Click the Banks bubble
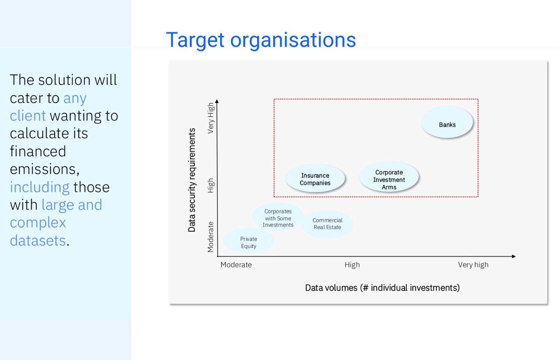pos(447,122)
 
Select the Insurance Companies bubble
pos(315,178)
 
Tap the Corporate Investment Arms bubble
pos(389,177)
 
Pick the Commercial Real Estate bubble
pos(327,224)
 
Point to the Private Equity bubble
pos(248,241)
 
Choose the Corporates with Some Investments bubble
pos(278,216)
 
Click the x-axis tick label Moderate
pos(236,265)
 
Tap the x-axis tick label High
pos(352,265)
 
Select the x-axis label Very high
pos(473,265)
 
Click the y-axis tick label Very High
pos(211,118)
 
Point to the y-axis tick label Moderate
pos(211,237)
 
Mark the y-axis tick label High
pos(211,186)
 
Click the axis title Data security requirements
pos(192,180)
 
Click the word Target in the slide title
pos(195,40)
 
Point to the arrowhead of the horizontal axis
pos(514,256)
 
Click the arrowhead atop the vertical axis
pos(217,101)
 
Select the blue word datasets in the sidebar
pos(38,241)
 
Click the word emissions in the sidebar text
pos(45,169)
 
